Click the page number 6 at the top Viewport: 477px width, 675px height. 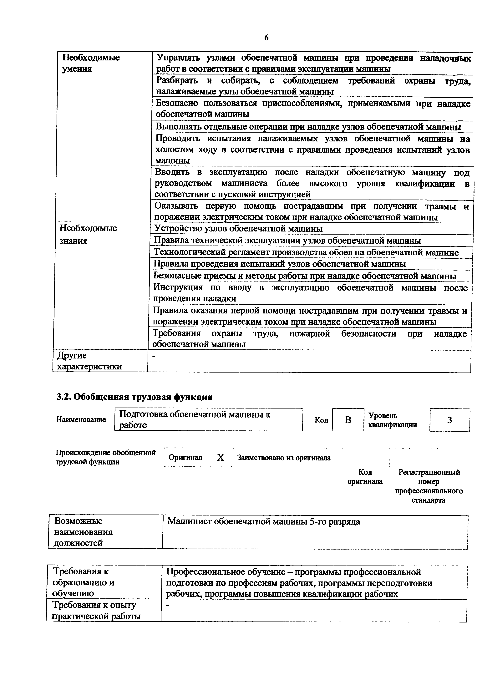pos(266,38)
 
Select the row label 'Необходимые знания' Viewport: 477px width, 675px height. pos(88,234)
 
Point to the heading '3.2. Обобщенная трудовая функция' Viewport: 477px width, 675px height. pos(134,397)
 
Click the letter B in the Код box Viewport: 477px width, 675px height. pos(348,420)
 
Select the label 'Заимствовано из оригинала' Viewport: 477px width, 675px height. pos(284,458)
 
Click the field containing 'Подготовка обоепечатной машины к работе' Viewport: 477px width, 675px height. pos(208,419)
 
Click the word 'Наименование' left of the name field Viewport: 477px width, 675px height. pos(81,419)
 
